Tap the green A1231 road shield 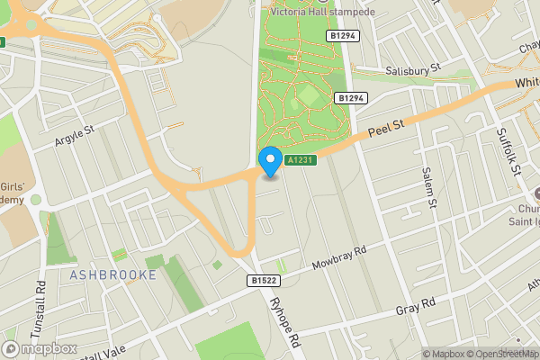tap(300, 160)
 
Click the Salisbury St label tap(409, 67)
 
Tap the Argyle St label tap(75, 135)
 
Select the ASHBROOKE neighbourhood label tap(112, 274)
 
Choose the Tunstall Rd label tap(40, 306)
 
